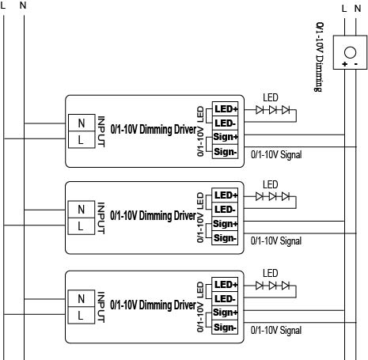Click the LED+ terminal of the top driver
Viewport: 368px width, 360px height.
(226, 108)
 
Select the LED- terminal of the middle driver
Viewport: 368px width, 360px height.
(225, 210)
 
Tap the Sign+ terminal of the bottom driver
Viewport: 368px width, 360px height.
(225, 313)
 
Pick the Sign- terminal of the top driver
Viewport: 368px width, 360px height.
(226, 152)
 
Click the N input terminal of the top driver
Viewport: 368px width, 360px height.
(82, 123)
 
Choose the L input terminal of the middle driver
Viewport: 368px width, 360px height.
(82, 226)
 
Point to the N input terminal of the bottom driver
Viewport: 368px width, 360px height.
(82, 298)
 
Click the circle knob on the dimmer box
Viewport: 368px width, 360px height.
(350, 52)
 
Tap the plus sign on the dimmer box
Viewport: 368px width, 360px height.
(344, 64)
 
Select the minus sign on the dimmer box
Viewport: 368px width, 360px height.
(356, 64)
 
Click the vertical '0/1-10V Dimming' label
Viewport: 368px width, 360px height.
(320, 57)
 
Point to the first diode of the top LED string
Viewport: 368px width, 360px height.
(260, 110)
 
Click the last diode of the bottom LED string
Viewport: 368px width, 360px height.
(286, 286)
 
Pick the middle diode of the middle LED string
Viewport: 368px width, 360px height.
(272, 196)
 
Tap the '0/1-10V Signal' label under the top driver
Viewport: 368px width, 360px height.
(276, 155)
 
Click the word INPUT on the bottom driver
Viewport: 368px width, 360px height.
(101, 307)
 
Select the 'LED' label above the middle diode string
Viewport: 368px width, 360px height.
(271, 184)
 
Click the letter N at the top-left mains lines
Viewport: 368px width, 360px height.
(23, 5)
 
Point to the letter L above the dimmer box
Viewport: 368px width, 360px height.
(344, 9)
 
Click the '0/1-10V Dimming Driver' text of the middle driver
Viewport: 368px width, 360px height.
(154, 216)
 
